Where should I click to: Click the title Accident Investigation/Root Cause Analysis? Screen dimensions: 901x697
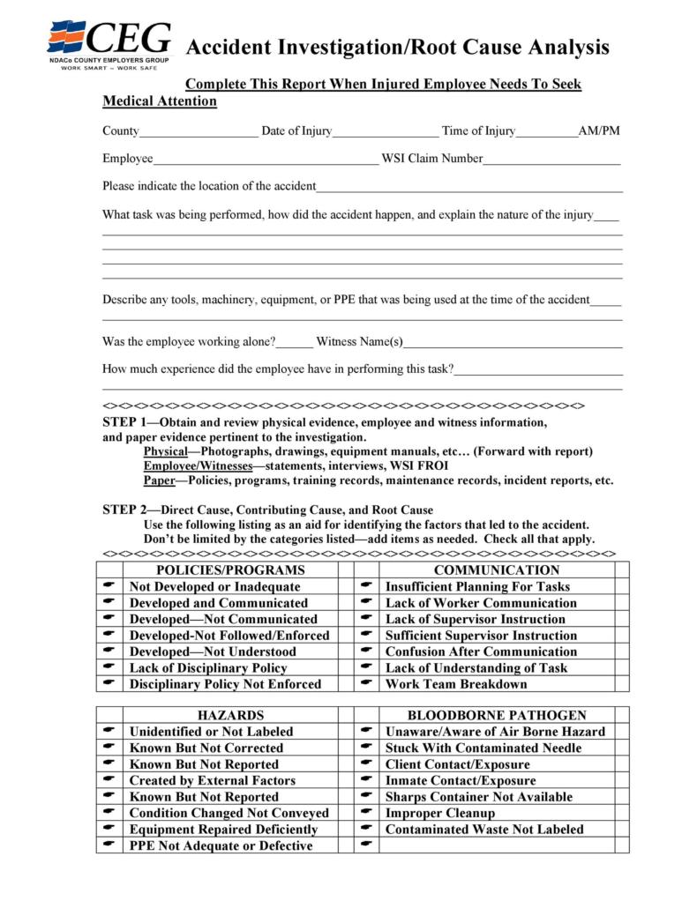coord(397,47)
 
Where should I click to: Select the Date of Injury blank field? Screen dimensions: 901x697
coord(385,133)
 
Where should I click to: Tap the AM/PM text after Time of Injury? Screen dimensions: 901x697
coord(599,131)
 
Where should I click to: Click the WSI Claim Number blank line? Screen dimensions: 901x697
coord(551,160)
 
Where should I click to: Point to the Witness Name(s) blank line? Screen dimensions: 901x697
coord(513,343)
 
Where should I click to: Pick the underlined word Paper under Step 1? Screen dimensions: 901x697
coord(159,480)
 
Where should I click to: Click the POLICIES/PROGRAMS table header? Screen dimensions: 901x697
coord(230,570)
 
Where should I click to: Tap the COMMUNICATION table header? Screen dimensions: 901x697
coord(497,570)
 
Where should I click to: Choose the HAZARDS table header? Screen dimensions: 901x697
coord(230,715)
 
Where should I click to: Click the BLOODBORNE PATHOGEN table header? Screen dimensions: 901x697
coord(497,715)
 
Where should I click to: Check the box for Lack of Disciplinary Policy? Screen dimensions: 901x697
coord(345,668)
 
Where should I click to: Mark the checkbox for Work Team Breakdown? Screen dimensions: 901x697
coord(622,684)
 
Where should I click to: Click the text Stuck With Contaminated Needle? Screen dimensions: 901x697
coord(483,748)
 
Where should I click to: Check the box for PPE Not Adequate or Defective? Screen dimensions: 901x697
coord(345,845)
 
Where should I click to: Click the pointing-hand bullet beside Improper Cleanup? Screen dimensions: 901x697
coord(366,813)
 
